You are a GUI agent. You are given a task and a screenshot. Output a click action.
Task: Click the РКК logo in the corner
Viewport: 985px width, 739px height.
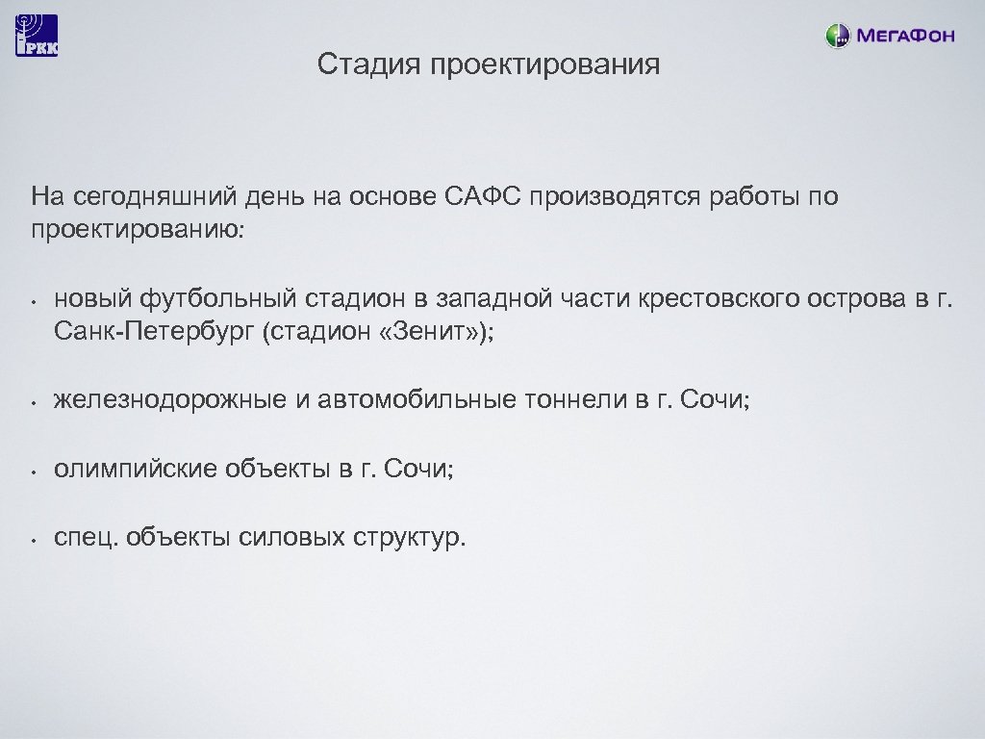coord(37,36)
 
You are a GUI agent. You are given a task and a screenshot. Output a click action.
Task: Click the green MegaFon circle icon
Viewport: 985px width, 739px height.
coord(838,37)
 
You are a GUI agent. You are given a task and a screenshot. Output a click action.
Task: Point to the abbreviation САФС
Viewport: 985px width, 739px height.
coord(482,197)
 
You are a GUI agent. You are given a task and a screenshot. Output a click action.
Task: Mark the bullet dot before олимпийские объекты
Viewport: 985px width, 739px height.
coord(33,471)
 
